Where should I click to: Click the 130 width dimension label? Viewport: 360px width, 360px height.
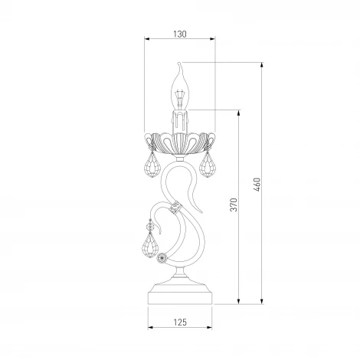pos(180,34)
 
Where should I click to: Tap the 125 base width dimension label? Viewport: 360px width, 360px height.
pos(180,322)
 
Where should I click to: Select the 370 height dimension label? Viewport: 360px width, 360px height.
pos(234,205)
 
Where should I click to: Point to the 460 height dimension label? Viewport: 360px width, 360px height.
pos(257,185)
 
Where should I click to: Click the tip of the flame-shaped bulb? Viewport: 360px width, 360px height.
pos(179,62)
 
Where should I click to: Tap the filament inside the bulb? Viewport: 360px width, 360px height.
pos(180,98)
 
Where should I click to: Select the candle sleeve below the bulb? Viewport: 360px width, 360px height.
pos(180,122)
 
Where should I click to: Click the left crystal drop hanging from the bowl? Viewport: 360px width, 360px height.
pos(153,165)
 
